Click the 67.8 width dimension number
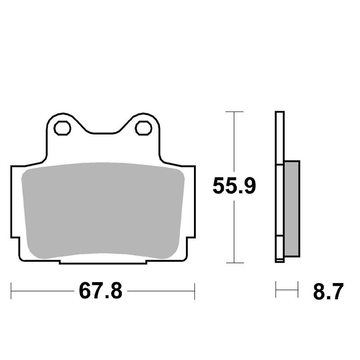100,291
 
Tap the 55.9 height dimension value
234,186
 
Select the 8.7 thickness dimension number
328,291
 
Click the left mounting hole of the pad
62,128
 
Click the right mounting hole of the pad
144,128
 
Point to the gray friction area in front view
103,211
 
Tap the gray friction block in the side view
292,209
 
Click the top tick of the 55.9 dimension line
234,112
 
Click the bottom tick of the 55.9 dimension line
234,263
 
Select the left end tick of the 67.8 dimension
11,291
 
